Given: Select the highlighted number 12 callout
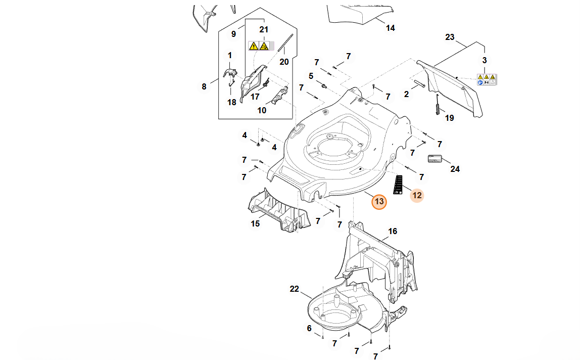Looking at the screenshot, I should pos(417,195).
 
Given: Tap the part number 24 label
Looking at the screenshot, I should pos(455,169).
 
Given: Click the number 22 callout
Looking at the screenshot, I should pos(295,289).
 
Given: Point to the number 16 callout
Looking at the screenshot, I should pos(393,232).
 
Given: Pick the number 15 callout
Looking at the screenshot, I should pos(256,223).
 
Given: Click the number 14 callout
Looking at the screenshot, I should pos(391,28).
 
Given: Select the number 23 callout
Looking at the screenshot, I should pos(450,37).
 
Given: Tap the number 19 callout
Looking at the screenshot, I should pos(449,118).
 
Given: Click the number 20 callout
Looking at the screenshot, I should pos(284,62).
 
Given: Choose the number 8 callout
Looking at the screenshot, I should pos(204,86).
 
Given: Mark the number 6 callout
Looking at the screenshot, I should pos(309,328).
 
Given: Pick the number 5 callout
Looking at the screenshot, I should pos(311,76).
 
